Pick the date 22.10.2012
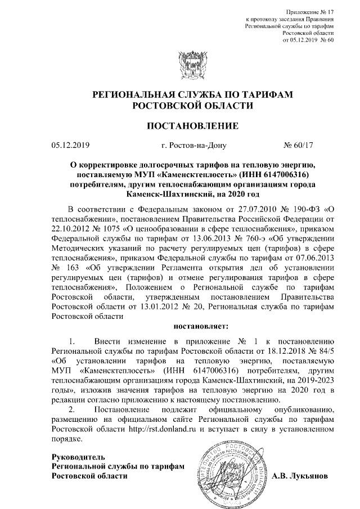point(72,231)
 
